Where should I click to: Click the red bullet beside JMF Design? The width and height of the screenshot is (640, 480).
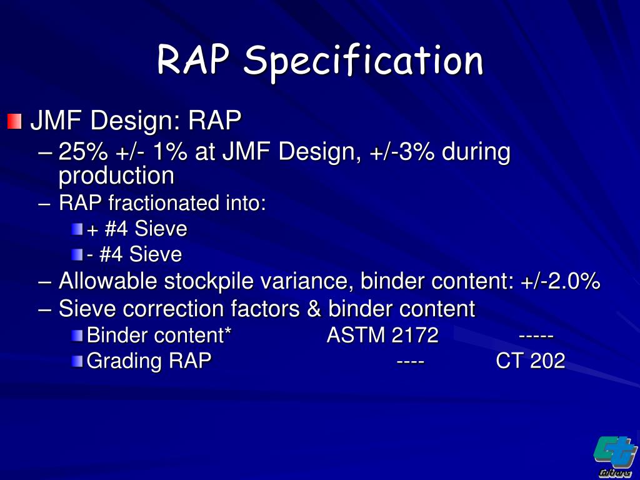click(x=14, y=120)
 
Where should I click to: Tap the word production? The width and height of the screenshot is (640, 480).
click(x=116, y=176)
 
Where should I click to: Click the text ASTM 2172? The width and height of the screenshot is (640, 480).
click(x=382, y=336)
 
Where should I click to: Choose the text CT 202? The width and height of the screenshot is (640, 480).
click(x=530, y=361)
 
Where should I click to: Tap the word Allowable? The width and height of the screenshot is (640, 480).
click(x=107, y=281)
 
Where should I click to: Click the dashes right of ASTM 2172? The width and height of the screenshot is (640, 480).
click(x=536, y=336)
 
